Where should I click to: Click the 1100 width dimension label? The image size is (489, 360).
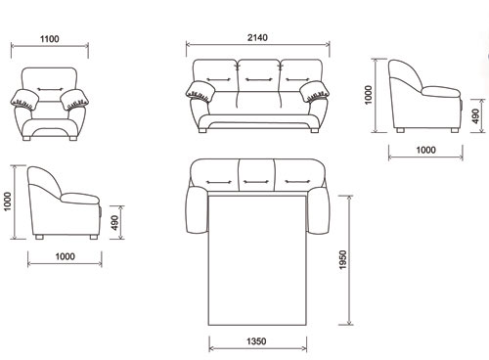tap(50, 39)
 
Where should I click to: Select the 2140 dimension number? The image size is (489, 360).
tap(257, 37)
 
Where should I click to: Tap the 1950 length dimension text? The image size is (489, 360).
tap(343, 259)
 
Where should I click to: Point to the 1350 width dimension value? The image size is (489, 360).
tap(256, 341)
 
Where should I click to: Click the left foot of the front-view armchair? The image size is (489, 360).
tap(26, 138)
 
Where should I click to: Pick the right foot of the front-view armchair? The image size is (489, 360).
tap(73, 138)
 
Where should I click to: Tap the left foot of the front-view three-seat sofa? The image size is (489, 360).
tap(202, 130)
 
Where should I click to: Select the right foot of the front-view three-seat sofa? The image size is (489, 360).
tap(315, 130)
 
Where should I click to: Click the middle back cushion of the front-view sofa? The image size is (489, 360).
tap(258, 75)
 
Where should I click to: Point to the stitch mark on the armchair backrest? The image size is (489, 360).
tap(50, 89)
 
